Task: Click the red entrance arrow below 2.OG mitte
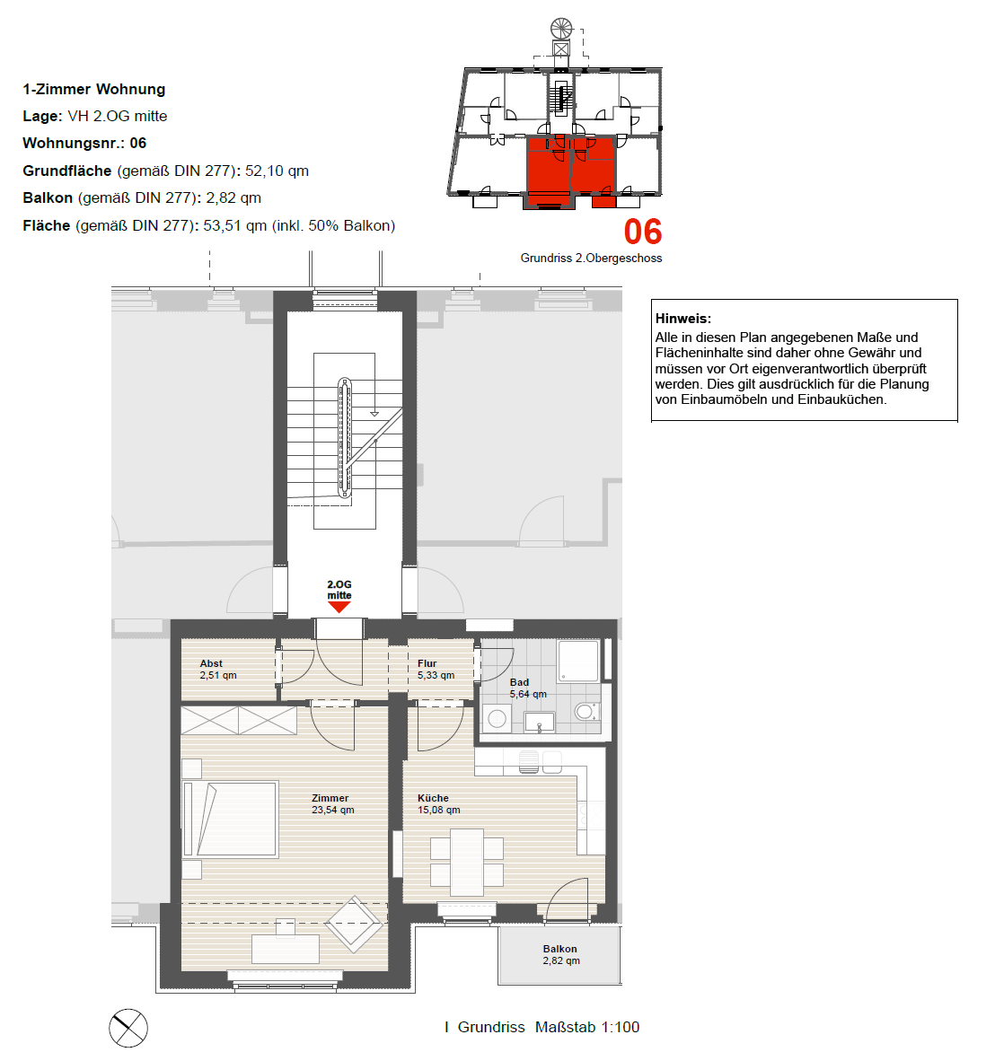[x=339, y=607]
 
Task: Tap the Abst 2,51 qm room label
[x=218, y=670]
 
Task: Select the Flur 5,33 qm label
[x=436, y=670]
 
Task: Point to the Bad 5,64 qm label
[x=528, y=688]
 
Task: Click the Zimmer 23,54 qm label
[x=332, y=803]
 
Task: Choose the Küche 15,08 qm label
[x=438, y=803]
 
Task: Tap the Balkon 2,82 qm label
[x=560, y=955]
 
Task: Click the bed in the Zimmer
[x=230, y=820]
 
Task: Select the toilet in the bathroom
[x=586, y=711]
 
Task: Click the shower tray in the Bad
[x=578, y=661]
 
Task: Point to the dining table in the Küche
[x=467, y=862]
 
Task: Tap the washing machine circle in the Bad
[x=497, y=719]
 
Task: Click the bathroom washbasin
[x=539, y=722]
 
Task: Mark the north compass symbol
[x=128, y=1028]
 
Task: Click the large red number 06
[x=642, y=232]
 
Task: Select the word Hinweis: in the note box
[x=682, y=319]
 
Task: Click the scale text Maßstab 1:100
[x=586, y=1027]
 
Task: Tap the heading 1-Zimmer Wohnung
[x=94, y=89]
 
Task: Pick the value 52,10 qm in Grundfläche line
[x=277, y=171]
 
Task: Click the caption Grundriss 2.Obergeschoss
[x=591, y=259]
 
